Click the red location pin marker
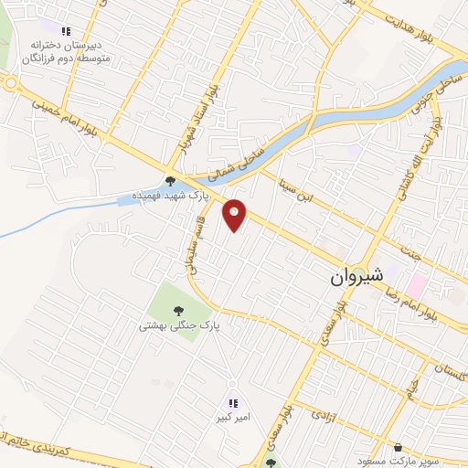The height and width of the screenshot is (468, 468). tap(235, 216)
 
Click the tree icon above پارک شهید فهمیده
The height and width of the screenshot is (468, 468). tap(171, 180)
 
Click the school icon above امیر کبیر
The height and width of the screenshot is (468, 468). tap(232, 403)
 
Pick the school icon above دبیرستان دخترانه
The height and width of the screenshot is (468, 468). tap(65, 31)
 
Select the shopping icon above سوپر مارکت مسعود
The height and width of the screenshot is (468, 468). tap(398, 447)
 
